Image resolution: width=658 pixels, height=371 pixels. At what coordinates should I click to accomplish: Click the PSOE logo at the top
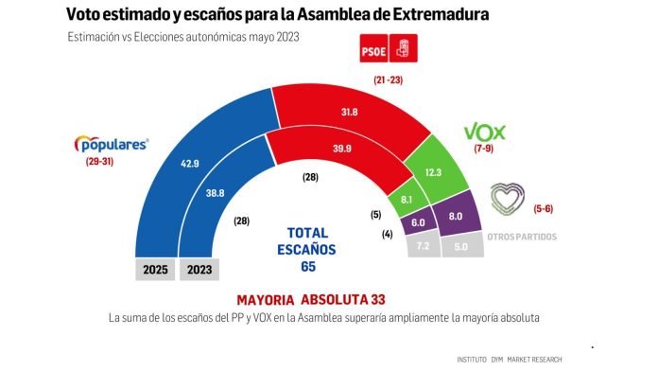(x=388, y=48)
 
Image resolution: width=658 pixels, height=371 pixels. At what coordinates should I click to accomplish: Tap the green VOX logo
(x=487, y=132)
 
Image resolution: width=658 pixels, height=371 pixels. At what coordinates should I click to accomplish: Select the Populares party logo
(x=112, y=145)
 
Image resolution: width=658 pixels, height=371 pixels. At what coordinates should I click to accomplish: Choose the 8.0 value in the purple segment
(x=455, y=216)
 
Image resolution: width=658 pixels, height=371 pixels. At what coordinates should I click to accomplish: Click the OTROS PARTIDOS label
(x=522, y=237)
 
